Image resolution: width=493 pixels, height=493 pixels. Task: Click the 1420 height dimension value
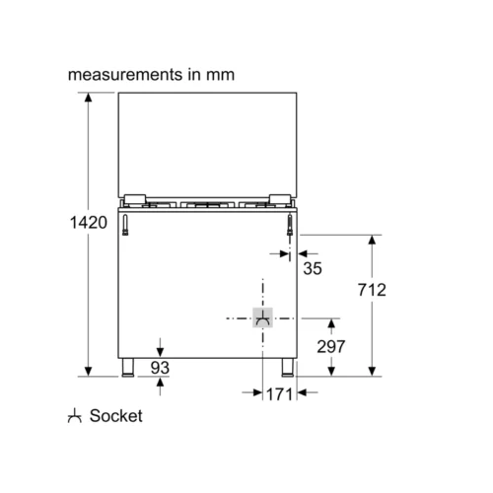pos(89,223)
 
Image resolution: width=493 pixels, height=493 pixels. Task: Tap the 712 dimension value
pos(372,290)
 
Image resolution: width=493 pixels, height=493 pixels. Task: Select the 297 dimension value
pos(331,346)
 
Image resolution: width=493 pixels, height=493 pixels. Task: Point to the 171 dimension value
pos(279,394)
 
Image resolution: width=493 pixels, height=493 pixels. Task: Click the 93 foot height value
pos(160,368)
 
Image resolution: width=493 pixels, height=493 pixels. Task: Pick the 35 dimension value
pos(313,268)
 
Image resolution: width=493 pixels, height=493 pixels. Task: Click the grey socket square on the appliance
pos(262,317)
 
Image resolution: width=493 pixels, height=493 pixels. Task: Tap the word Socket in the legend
pos(116,416)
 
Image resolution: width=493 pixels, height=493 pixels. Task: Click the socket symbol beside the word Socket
pos(75,416)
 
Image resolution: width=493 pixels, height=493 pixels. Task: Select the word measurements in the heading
pos(125,75)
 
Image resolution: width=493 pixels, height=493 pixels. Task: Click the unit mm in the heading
pos(220,75)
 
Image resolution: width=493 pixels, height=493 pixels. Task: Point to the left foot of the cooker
pos(128,368)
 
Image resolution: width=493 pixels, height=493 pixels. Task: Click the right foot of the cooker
pos(287,368)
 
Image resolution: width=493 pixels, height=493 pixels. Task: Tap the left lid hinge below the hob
pos(125,225)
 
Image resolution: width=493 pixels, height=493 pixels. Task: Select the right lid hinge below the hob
pos(290,225)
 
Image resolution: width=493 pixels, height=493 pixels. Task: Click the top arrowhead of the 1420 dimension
pos(88,98)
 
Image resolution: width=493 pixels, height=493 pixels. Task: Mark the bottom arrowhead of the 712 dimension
pos(372,371)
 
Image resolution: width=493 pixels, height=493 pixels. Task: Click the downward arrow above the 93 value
pos(160,347)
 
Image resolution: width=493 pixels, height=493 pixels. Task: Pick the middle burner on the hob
pos(207,205)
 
